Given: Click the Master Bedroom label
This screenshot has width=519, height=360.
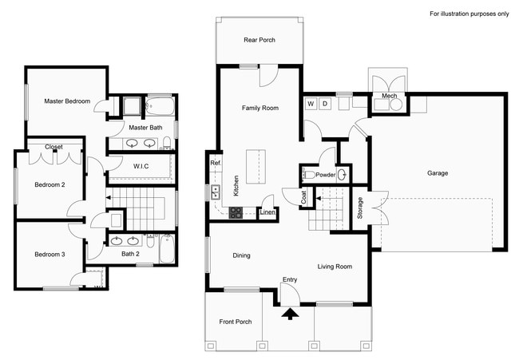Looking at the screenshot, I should pyautogui.click(x=67, y=101).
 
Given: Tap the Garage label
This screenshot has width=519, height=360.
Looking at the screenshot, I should pyautogui.click(x=438, y=172).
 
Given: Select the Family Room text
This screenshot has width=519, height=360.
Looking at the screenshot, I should pyautogui.click(x=260, y=108).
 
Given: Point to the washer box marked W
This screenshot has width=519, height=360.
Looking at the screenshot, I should pyautogui.click(x=311, y=104).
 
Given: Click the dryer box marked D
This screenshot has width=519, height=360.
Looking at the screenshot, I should pyautogui.click(x=325, y=104).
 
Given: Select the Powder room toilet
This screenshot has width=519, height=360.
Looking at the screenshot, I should pyautogui.click(x=343, y=174).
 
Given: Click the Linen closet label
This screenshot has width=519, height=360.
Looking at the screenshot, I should pyautogui.click(x=267, y=212).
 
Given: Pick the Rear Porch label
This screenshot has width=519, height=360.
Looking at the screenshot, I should pyautogui.click(x=259, y=40).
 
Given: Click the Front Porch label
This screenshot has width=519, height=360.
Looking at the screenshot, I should pyautogui.click(x=236, y=322).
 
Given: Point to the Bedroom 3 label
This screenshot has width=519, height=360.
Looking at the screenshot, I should pyautogui.click(x=50, y=255).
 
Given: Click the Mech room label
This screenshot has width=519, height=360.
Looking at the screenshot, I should pyautogui.click(x=390, y=96).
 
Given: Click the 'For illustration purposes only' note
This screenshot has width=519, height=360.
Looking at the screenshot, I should pyautogui.click(x=468, y=14).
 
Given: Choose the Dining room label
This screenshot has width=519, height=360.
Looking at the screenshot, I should pyautogui.click(x=241, y=255).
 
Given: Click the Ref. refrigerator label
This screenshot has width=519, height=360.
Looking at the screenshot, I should pyautogui.click(x=215, y=163).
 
